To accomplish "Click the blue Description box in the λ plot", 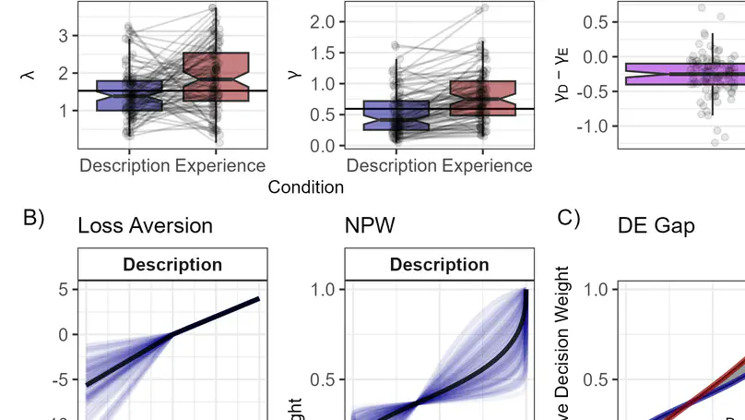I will tap(129, 96).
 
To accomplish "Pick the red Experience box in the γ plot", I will tap(482, 98).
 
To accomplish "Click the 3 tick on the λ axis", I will tap(61, 35).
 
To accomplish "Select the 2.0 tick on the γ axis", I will tap(321, 21).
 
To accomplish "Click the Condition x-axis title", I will tap(306, 187).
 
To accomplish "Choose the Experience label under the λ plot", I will tap(220, 166).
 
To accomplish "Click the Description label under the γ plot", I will tap(393, 166).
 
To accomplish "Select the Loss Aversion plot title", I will tap(146, 226).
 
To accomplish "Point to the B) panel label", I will tap(34, 219).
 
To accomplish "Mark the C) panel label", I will tap(569, 219).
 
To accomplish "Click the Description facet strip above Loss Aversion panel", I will tap(172, 265).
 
